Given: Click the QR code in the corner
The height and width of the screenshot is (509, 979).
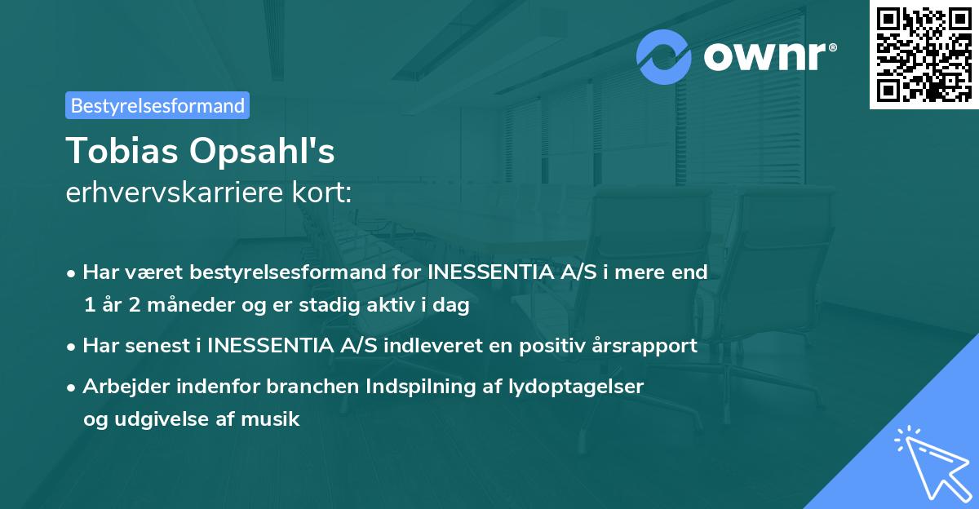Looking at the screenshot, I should click(924, 55).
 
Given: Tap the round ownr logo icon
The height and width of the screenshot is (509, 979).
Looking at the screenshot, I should click(663, 58).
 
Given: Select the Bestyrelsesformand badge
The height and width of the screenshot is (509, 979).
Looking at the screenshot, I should click(157, 105).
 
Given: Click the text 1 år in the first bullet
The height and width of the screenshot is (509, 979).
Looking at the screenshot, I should click(100, 305).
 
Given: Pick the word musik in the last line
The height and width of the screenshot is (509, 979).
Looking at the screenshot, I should click(276, 420).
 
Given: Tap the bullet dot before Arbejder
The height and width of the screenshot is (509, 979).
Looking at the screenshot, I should click(73, 387).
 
